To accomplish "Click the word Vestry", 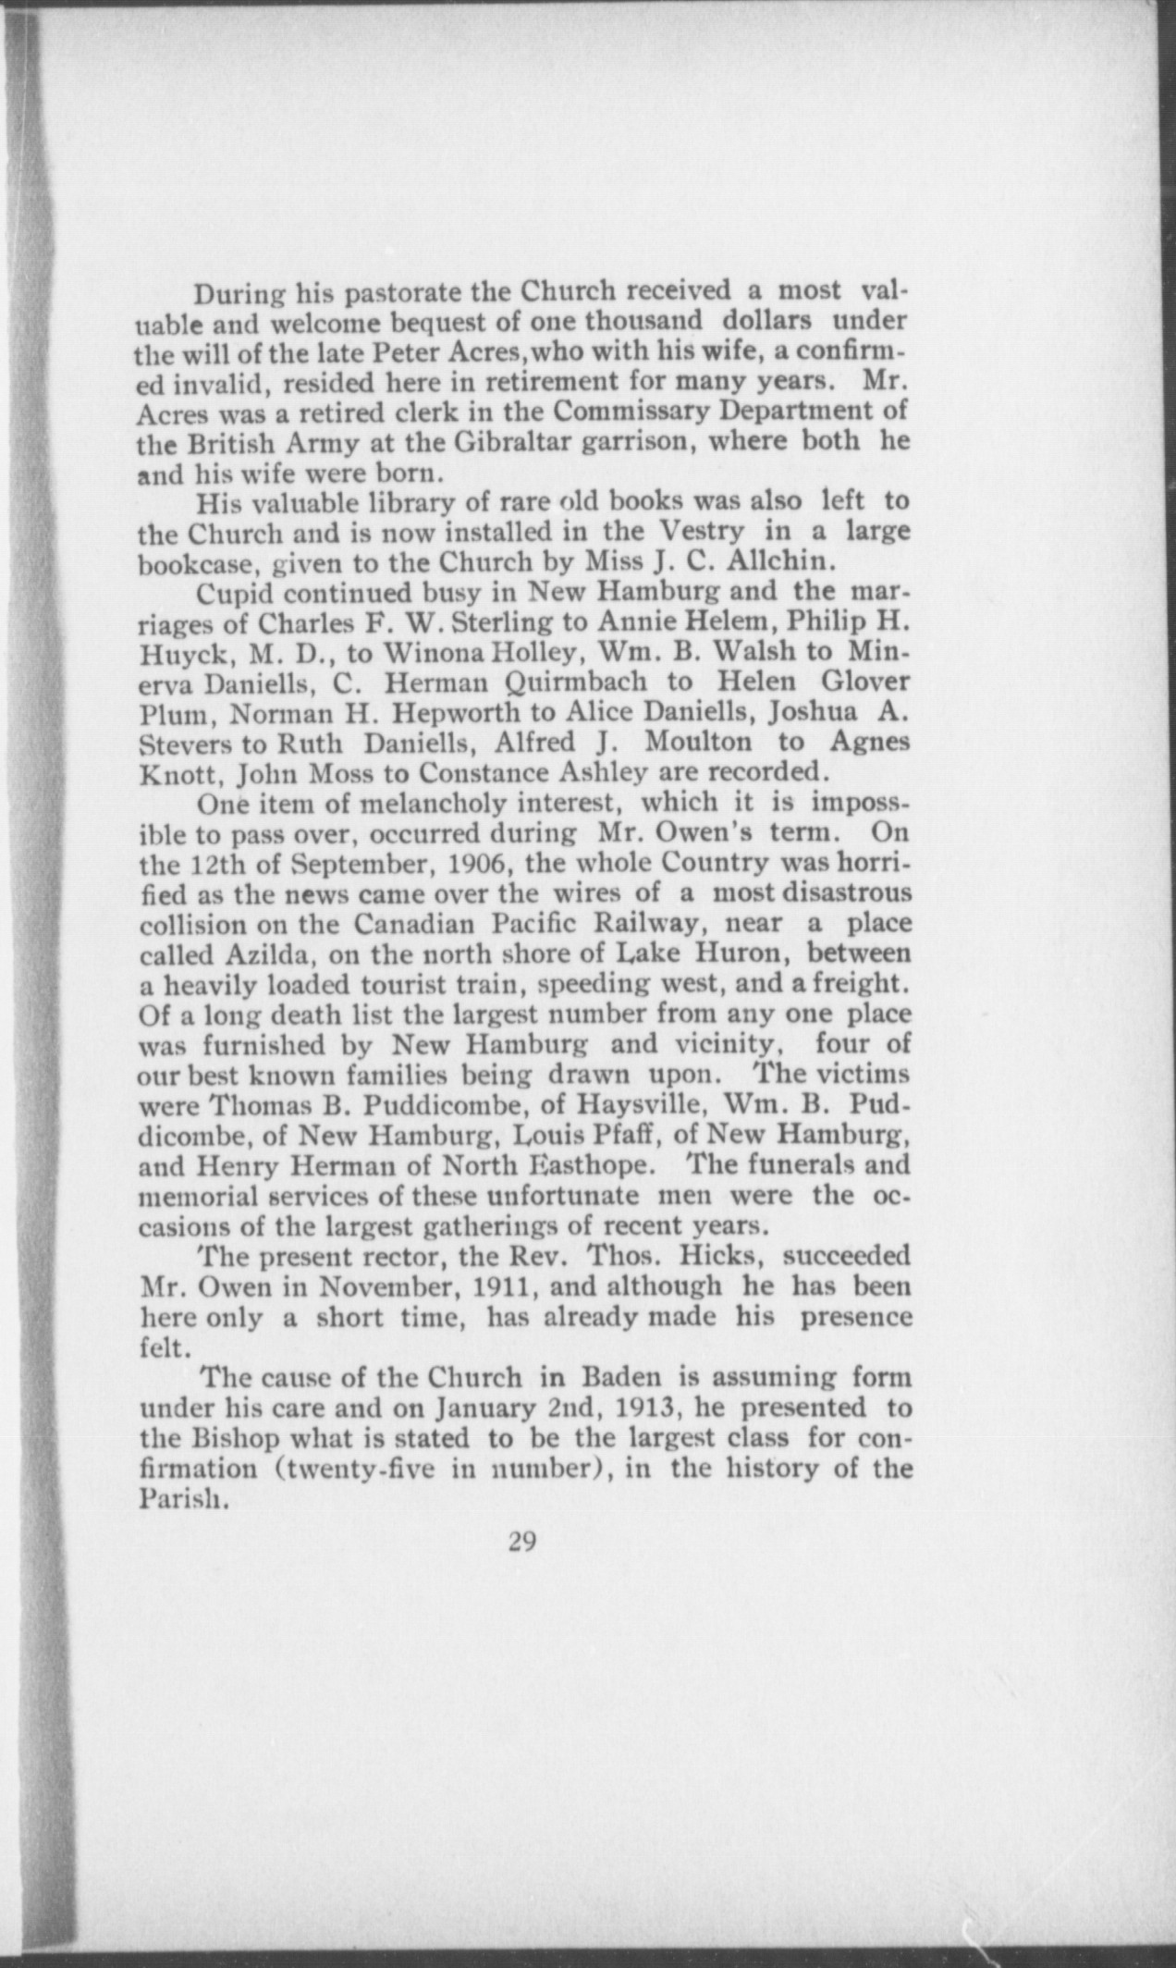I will pos(700,533).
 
